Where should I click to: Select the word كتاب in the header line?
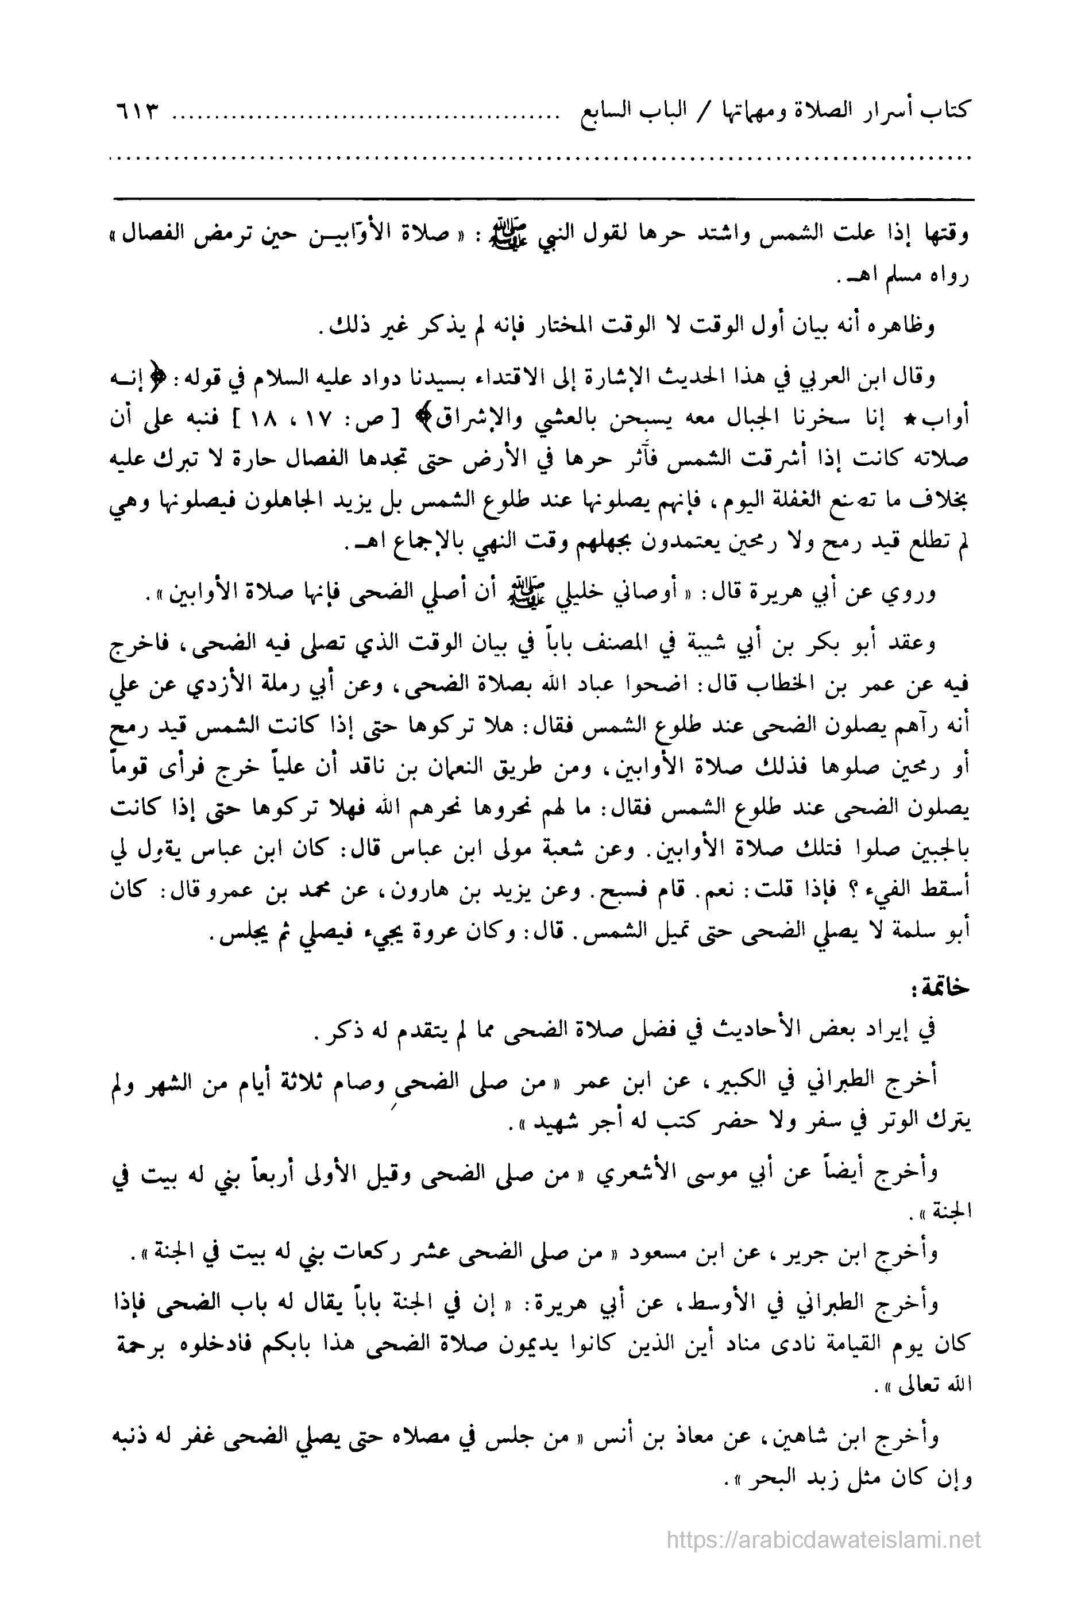click(x=951, y=112)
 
